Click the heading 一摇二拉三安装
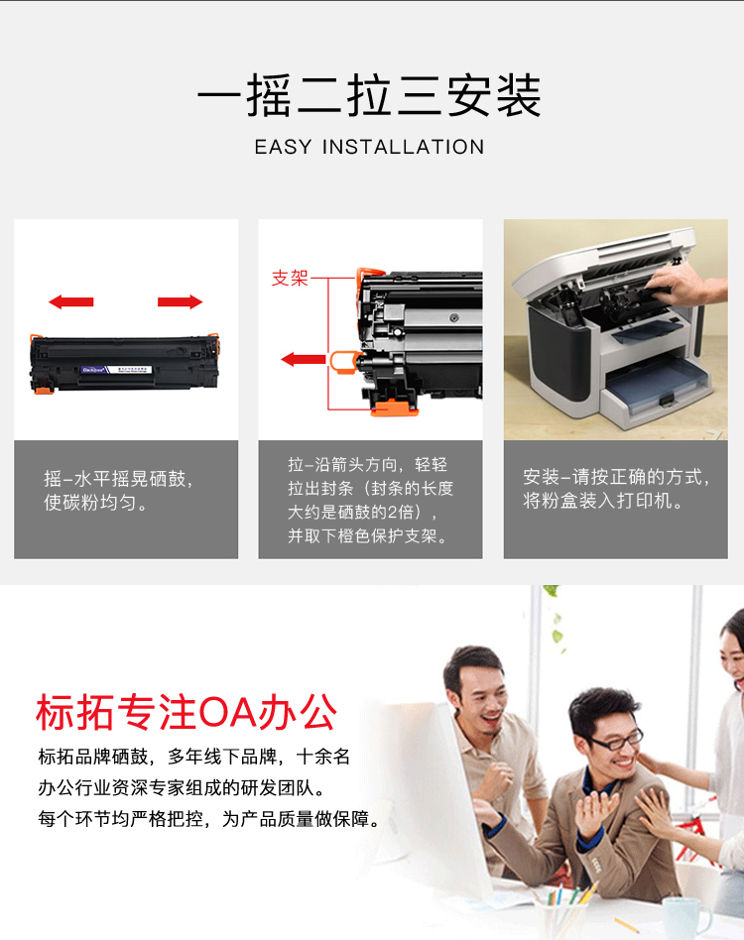[x=369, y=95]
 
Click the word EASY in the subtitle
[x=283, y=147]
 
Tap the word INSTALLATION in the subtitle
[x=403, y=147]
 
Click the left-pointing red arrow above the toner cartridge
[x=70, y=301]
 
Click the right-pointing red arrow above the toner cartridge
[x=181, y=301]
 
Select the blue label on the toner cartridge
[x=93, y=370]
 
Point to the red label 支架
[x=290, y=279]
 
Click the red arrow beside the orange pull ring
[x=304, y=359]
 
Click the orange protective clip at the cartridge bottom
[x=393, y=408]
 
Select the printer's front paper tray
[x=656, y=390]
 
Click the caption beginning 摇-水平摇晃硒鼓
[x=118, y=491]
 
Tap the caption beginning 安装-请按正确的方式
[x=616, y=488]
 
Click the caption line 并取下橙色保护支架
[x=368, y=535]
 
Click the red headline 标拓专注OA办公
[x=186, y=712]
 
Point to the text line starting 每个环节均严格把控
[x=209, y=818]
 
